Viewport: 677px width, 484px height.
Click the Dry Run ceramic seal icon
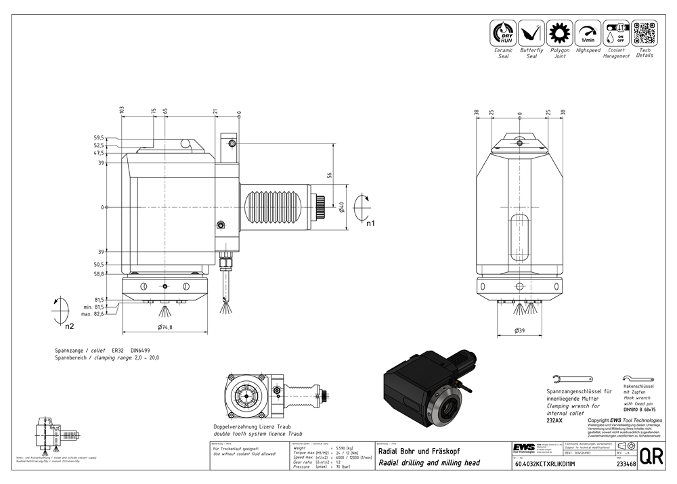[502, 32]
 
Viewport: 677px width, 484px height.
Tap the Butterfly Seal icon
[531, 32]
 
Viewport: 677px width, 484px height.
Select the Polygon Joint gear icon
[559, 32]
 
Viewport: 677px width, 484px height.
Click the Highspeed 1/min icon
[588, 32]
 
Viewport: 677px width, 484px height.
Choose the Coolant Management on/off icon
[616, 32]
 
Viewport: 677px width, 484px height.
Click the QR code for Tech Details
[645, 32]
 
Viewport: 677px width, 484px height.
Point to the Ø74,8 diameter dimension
[164, 327]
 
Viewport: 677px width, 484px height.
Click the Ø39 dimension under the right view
[520, 330]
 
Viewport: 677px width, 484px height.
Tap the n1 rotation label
[370, 223]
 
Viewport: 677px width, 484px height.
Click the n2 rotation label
[69, 326]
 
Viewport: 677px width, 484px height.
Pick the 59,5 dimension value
[99, 138]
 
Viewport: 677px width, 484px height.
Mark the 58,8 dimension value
[99, 273]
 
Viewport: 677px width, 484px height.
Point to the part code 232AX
[554, 420]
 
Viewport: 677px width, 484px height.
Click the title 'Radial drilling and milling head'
[429, 463]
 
